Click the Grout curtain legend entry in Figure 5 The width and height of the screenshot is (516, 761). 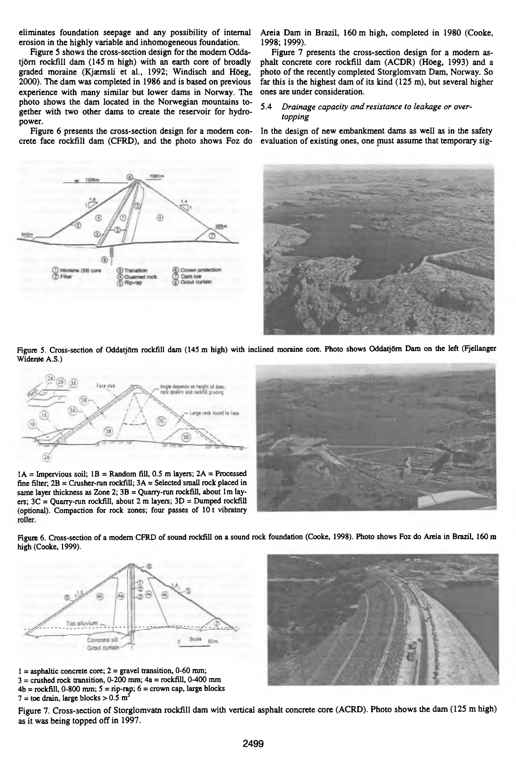pos(193,282)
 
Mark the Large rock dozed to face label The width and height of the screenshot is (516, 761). pos(214,413)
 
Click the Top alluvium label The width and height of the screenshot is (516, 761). pos(82,623)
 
